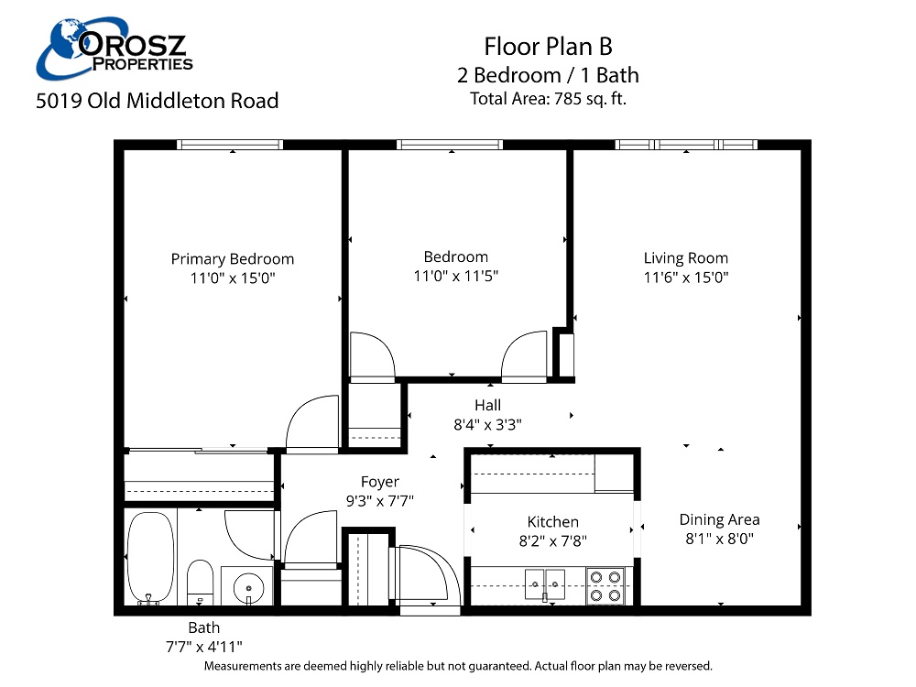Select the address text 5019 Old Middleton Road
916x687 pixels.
(x=157, y=101)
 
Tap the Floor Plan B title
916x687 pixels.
(x=548, y=47)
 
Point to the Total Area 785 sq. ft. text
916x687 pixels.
(x=548, y=99)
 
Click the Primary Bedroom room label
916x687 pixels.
(x=233, y=259)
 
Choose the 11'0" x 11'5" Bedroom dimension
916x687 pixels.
(x=455, y=276)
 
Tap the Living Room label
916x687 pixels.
(x=685, y=258)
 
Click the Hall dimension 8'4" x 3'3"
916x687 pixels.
(x=487, y=424)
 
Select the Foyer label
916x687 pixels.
(x=379, y=482)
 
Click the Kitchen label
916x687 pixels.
(x=552, y=522)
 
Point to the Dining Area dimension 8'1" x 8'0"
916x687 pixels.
(x=719, y=540)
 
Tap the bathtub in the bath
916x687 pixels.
(x=150, y=558)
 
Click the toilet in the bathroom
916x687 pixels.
(x=200, y=583)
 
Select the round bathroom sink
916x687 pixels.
(x=247, y=584)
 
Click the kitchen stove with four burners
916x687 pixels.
(x=605, y=585)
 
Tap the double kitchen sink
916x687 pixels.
(x=544, y=581)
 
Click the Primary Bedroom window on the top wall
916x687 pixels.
(x=229, y=144)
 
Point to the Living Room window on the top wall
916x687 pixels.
(x=686, y=144)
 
